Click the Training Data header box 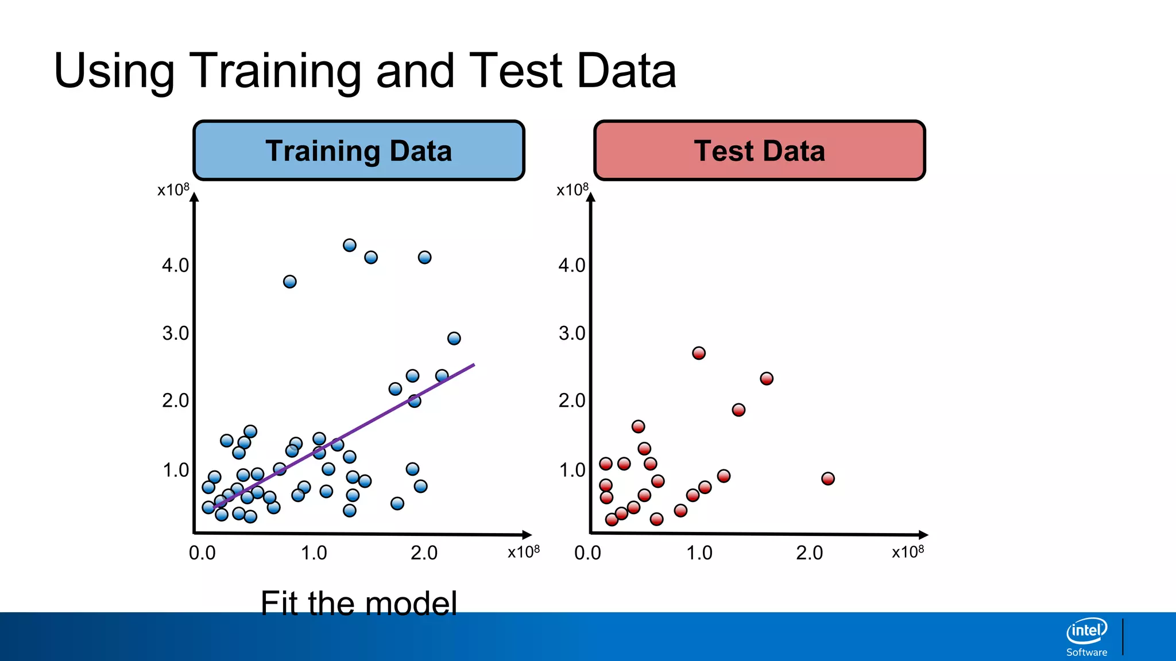[359, 150]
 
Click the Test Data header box [759, 150]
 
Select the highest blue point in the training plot [349, 246]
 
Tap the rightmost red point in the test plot [827, 479]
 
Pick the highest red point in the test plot [698, 353]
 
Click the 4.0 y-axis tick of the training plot [175, 265]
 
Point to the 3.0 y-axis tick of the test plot [572, 333]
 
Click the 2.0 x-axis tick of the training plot [424, 553]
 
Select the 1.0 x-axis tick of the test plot [699, 553]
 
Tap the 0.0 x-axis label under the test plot [587, 553]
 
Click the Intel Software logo [1086, 636]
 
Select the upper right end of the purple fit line [473, 365]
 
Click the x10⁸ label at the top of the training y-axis [173, 189]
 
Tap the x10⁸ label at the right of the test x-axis [907, 551]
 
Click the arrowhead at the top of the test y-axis [591, 197]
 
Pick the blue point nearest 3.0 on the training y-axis [454, 339]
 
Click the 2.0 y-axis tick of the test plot [572, 400]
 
